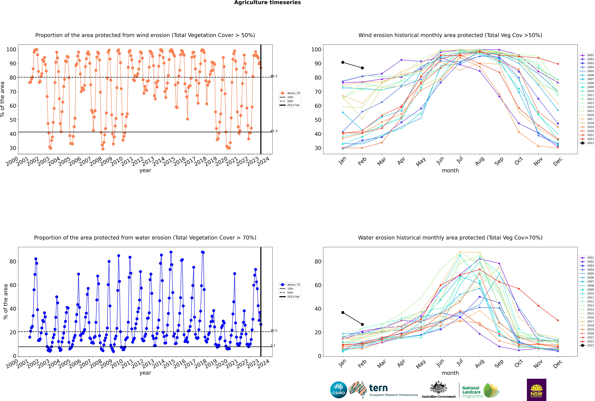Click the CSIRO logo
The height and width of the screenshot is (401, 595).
[x=338, y=390]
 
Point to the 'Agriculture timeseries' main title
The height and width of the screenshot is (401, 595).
[x=267, y=3]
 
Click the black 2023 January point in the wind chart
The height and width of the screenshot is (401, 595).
[x=343, y=62]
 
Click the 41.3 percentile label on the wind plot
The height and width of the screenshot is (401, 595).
[x=274, y=131]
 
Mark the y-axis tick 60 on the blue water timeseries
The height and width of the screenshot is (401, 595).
[x=13, y=285]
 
